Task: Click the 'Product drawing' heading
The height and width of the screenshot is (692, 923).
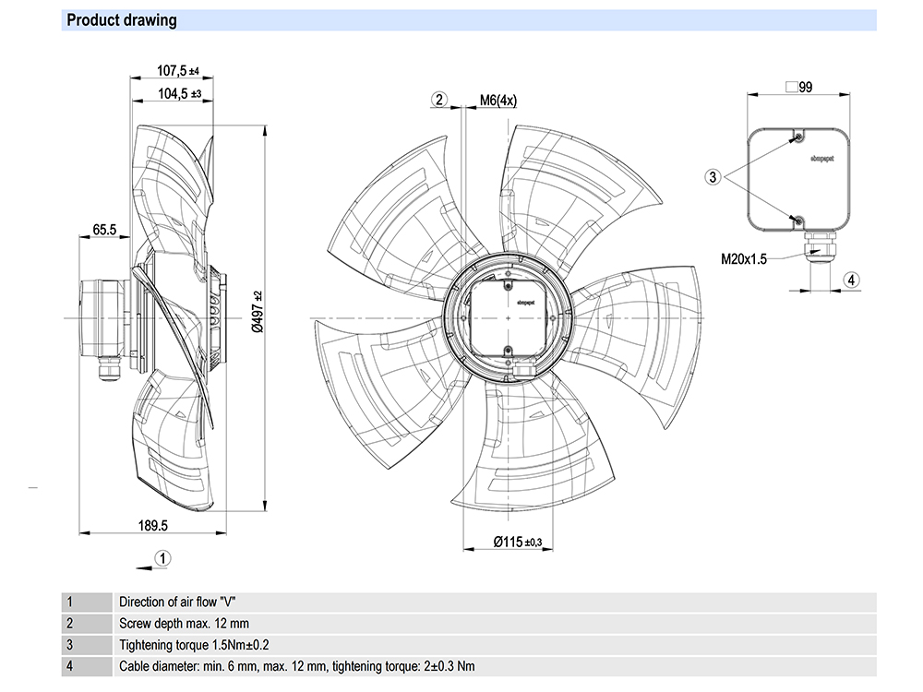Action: click(122, 20)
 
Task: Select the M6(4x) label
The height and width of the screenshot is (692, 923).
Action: click(498, 101)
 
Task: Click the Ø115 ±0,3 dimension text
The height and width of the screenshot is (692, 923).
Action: click(517, 542)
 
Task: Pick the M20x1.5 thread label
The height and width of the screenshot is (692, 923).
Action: click(744, 260)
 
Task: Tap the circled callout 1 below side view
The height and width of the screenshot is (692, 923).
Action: click(162, 557)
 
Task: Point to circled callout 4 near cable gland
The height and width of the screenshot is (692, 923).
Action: click(852, 280)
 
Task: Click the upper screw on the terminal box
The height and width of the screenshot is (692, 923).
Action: click(797, 138)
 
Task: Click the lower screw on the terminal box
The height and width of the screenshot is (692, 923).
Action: click(797, 220)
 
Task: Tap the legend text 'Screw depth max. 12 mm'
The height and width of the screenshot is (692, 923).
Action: click(184, 624)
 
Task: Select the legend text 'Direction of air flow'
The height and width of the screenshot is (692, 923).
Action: click(173, 602)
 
